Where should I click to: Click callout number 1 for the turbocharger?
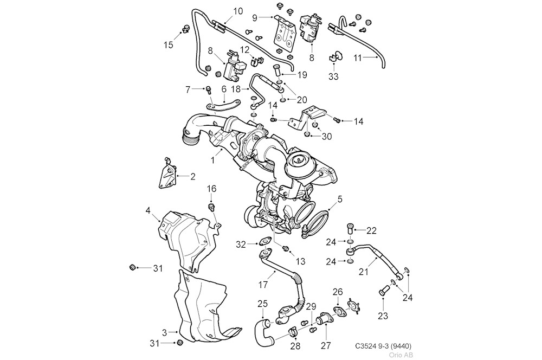pos(214,160)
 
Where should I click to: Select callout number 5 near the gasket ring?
pos(339,200)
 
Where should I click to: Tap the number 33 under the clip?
pos(333,76)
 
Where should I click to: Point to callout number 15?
pos(169,45)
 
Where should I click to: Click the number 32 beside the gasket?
pos(241,245)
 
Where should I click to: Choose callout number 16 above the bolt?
pos(211,189)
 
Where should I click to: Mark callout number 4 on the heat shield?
pos(148,210)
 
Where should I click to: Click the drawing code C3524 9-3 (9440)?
pos(386,345)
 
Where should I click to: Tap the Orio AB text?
pos(401,355)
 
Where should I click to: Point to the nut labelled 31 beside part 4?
pos(132,267)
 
